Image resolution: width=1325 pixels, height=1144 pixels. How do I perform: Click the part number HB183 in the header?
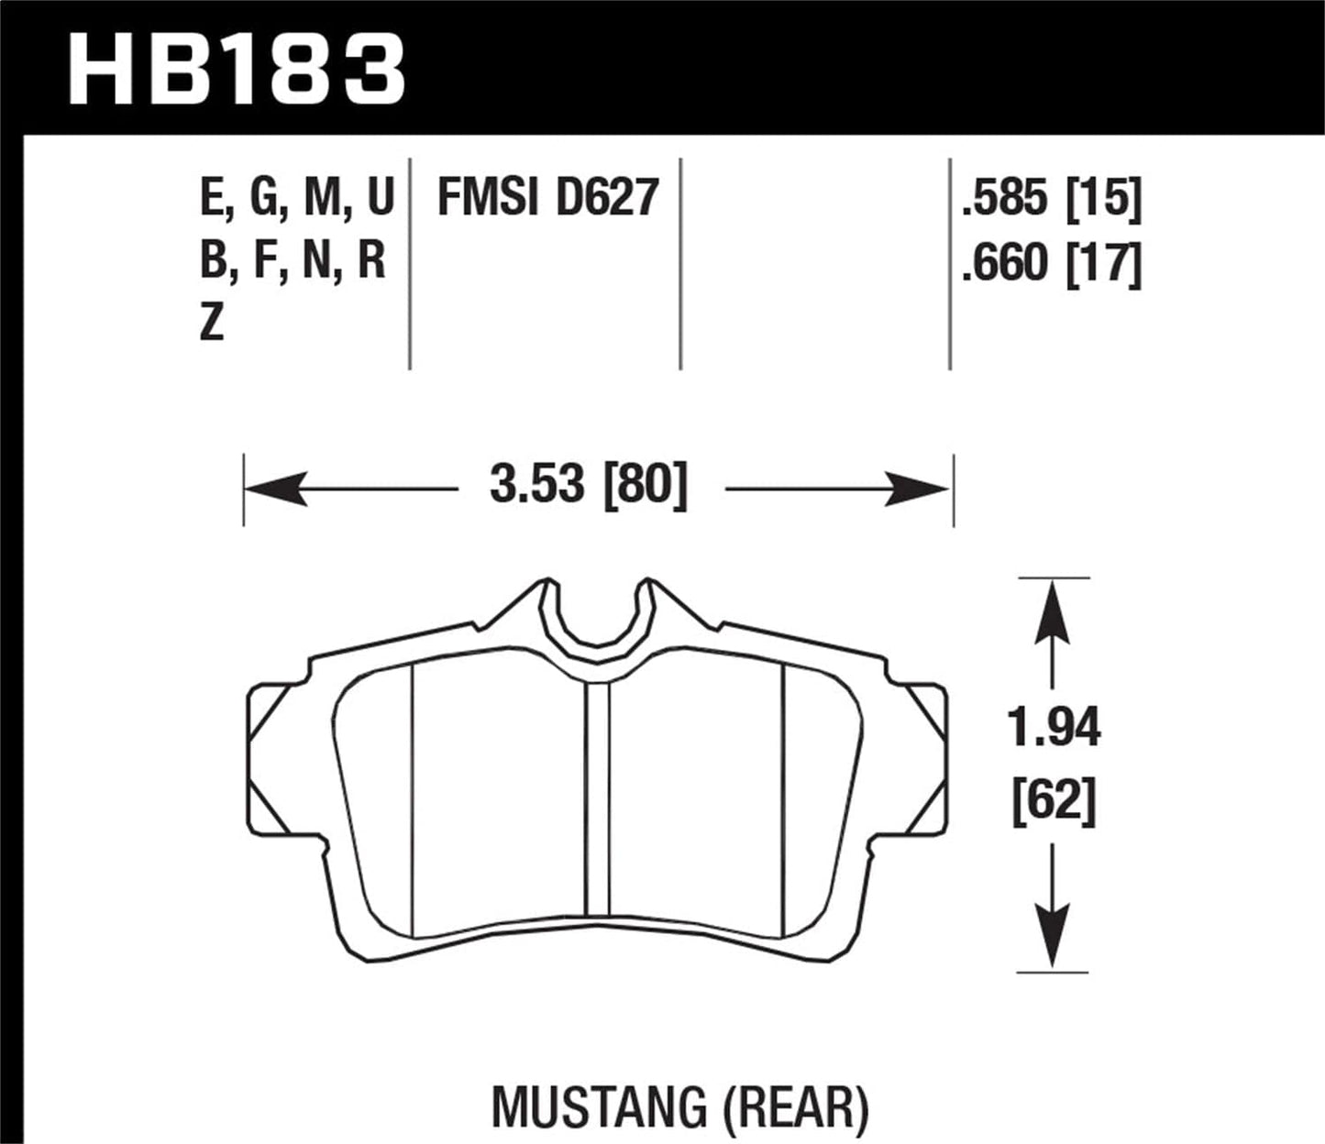pos(237,70)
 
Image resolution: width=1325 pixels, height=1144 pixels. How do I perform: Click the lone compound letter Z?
pos(212,324)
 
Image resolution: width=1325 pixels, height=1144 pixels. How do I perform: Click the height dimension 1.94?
pos(1054,729)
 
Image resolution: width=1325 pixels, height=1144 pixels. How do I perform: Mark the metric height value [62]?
pos(1054,803)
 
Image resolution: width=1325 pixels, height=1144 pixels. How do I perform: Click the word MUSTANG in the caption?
pos(599,1107)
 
